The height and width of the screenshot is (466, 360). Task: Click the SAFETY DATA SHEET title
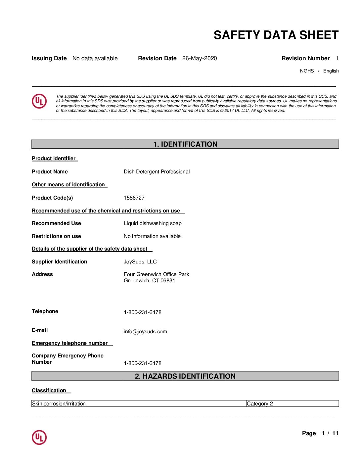tap(276, 35)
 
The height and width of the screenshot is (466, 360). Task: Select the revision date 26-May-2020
tap(200, 59)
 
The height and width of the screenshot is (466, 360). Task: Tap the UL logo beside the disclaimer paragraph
tap(39, 101)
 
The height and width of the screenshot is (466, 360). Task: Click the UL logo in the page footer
tap(39, 437)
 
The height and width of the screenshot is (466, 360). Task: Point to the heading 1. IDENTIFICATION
tap(185, 144)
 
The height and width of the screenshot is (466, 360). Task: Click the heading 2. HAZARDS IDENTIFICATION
tap(185, 376)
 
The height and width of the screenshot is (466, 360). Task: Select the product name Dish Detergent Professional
tap(157, 172)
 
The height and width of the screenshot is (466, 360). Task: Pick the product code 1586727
tap(134, 198)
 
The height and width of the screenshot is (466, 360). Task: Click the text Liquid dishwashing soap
tap(153, 223)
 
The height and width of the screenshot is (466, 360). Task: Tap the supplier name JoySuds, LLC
tap(140, 262)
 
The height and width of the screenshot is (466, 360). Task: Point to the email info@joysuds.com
tap(145, 332)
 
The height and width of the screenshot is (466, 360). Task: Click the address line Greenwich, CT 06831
tap(149, 281)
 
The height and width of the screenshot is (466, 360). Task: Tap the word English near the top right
tap(331, 71)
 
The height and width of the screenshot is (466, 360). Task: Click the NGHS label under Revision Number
tap(307, 71)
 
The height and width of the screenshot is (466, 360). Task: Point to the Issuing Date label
tap(49, 59)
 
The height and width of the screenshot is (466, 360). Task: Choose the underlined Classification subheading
tap(49, 391)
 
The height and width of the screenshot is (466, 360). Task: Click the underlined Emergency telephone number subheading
tap(70, 343)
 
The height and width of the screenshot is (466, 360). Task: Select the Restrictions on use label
tap(56, 236)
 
